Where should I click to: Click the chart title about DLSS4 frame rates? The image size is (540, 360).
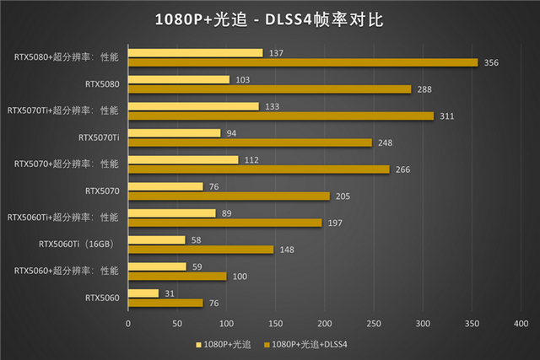point(269,19)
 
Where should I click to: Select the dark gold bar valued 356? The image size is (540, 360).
point(303,62)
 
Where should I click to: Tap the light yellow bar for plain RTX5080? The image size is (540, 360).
point(179,79)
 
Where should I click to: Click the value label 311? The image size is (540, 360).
point(447,116)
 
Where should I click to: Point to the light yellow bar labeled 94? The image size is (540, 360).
point(175,133)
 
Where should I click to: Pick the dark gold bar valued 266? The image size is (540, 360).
point(259,169)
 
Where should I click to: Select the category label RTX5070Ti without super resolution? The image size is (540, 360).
point(99,137)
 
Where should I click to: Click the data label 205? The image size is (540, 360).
point(343,196)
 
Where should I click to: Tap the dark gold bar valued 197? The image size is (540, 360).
point(225,223)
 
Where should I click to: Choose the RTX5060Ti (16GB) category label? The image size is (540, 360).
point(76,244)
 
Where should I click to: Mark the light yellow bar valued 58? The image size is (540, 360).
point(157,240)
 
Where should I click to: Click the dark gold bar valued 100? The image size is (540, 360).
point(177,277)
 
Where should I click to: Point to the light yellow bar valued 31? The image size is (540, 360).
point(143,293)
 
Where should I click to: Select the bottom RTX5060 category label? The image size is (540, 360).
point(102,298)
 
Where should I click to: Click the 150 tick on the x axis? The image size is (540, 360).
point(276,324)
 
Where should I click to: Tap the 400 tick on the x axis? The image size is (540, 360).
point(521,324)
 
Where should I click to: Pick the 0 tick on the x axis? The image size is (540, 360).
point(128,324)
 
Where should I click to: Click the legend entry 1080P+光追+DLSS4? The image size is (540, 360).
point(305,345)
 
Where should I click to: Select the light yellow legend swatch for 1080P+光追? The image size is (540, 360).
point(198,345)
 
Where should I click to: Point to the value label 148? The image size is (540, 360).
point(287,250)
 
